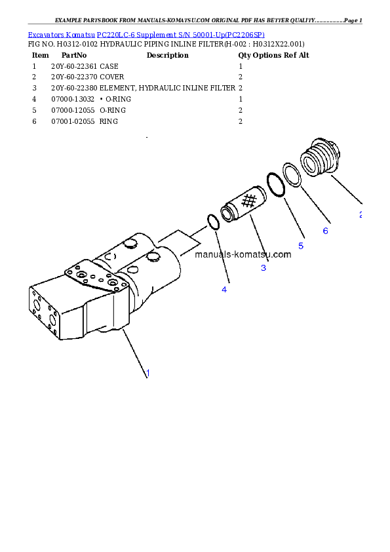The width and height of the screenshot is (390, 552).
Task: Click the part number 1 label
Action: [x=148, y=373]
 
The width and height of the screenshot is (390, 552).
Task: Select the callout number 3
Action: [x=263, y=267]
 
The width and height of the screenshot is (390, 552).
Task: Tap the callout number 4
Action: [x=224, y=288]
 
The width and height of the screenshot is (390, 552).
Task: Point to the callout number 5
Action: [x=301, y=245]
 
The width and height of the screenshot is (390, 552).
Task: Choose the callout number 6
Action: [x=325, y=231]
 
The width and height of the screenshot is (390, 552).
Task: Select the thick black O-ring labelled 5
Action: [x=275, y=185]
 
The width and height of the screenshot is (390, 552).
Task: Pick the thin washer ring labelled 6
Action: [x=292, y=175]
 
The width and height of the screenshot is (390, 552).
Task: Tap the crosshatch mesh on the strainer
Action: [x=249, y=201]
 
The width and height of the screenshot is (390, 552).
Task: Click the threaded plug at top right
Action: [x=321, y=158]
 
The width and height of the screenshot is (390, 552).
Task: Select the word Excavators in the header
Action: [x=43, y=34]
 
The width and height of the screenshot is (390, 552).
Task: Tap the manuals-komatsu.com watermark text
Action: [x=243, y=254]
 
